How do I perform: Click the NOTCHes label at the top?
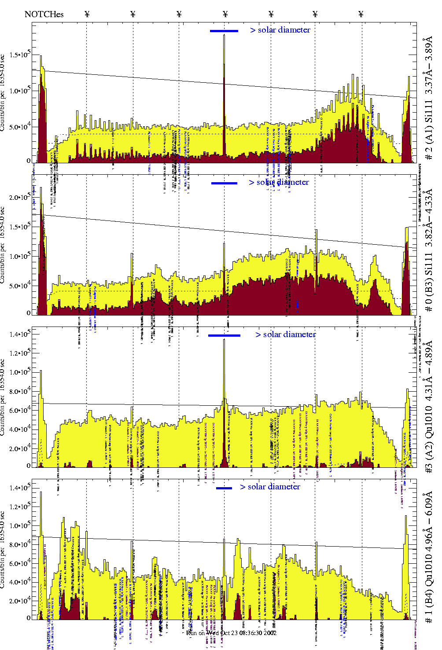tap(44, 14)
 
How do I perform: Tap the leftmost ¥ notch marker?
tap(87, 14)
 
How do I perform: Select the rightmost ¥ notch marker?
tap(361, 14)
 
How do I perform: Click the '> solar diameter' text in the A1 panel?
tap(280, 30)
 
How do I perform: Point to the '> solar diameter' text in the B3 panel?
tap(279, 182)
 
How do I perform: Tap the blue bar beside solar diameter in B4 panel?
tap(224, 488)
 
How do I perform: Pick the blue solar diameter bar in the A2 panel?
tap(224, 335)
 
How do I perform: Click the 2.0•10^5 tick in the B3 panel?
tap(21, 197)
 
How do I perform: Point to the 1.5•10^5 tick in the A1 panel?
tap(21, 55)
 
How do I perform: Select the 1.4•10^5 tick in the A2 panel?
tap(21, 334)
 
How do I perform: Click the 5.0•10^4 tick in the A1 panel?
tap(21, 127)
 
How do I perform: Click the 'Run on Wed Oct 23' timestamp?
tap(231, 633)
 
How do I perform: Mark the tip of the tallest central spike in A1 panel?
tap(224, 35)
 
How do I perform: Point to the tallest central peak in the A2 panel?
tap(224, 340)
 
